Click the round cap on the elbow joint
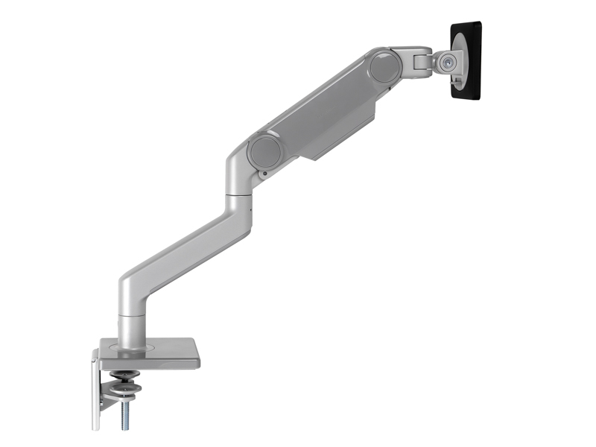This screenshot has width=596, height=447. (x=264, y=152)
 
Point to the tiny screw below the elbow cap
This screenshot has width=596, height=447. (x=263, y=175)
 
